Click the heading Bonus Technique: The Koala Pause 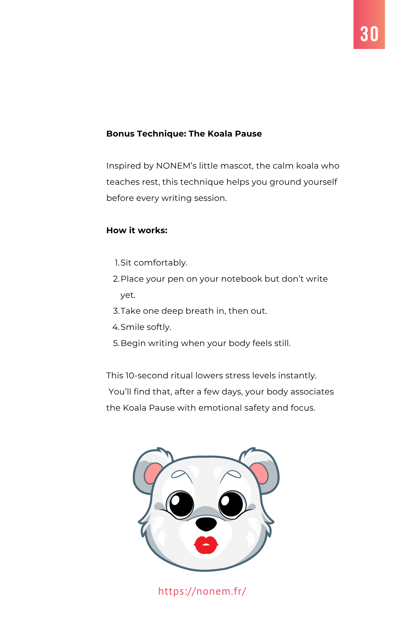click(184, 134)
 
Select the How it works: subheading click(137, 230)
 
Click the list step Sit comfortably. click(154, 263)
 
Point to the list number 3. click(116, 311)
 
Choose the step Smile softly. click(146, 327)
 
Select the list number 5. click(116, 343)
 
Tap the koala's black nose click(206, 523)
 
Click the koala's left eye click(181, 504)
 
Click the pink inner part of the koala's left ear click(153, 473)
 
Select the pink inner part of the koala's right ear click(259, 473)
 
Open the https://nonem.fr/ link click(202, 591)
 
